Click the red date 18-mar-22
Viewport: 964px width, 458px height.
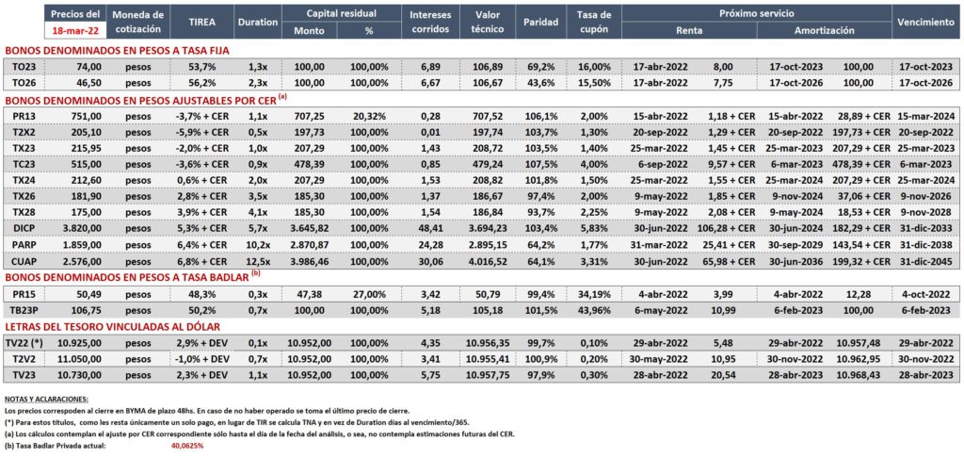[x=75, y=30]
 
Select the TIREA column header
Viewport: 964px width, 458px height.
[x=202, y=22]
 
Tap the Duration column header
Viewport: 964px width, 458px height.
[x=258, y=22]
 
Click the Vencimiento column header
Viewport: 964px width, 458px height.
[x=925, y=22]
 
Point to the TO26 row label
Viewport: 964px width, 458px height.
[x=25, y=82]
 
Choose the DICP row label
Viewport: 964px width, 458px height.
[x=25, y=228]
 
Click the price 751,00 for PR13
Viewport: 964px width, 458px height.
[x=88, y=116]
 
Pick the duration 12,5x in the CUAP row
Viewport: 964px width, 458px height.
[x=258, y=262]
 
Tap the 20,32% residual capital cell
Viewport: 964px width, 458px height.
[x=369, y=116]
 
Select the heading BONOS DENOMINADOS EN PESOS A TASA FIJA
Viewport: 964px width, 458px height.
[x=117, y=51]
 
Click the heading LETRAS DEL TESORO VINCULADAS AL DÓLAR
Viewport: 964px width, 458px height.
[x=112, y=327]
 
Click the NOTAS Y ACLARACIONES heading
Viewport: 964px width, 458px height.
[x=46, y=399]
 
